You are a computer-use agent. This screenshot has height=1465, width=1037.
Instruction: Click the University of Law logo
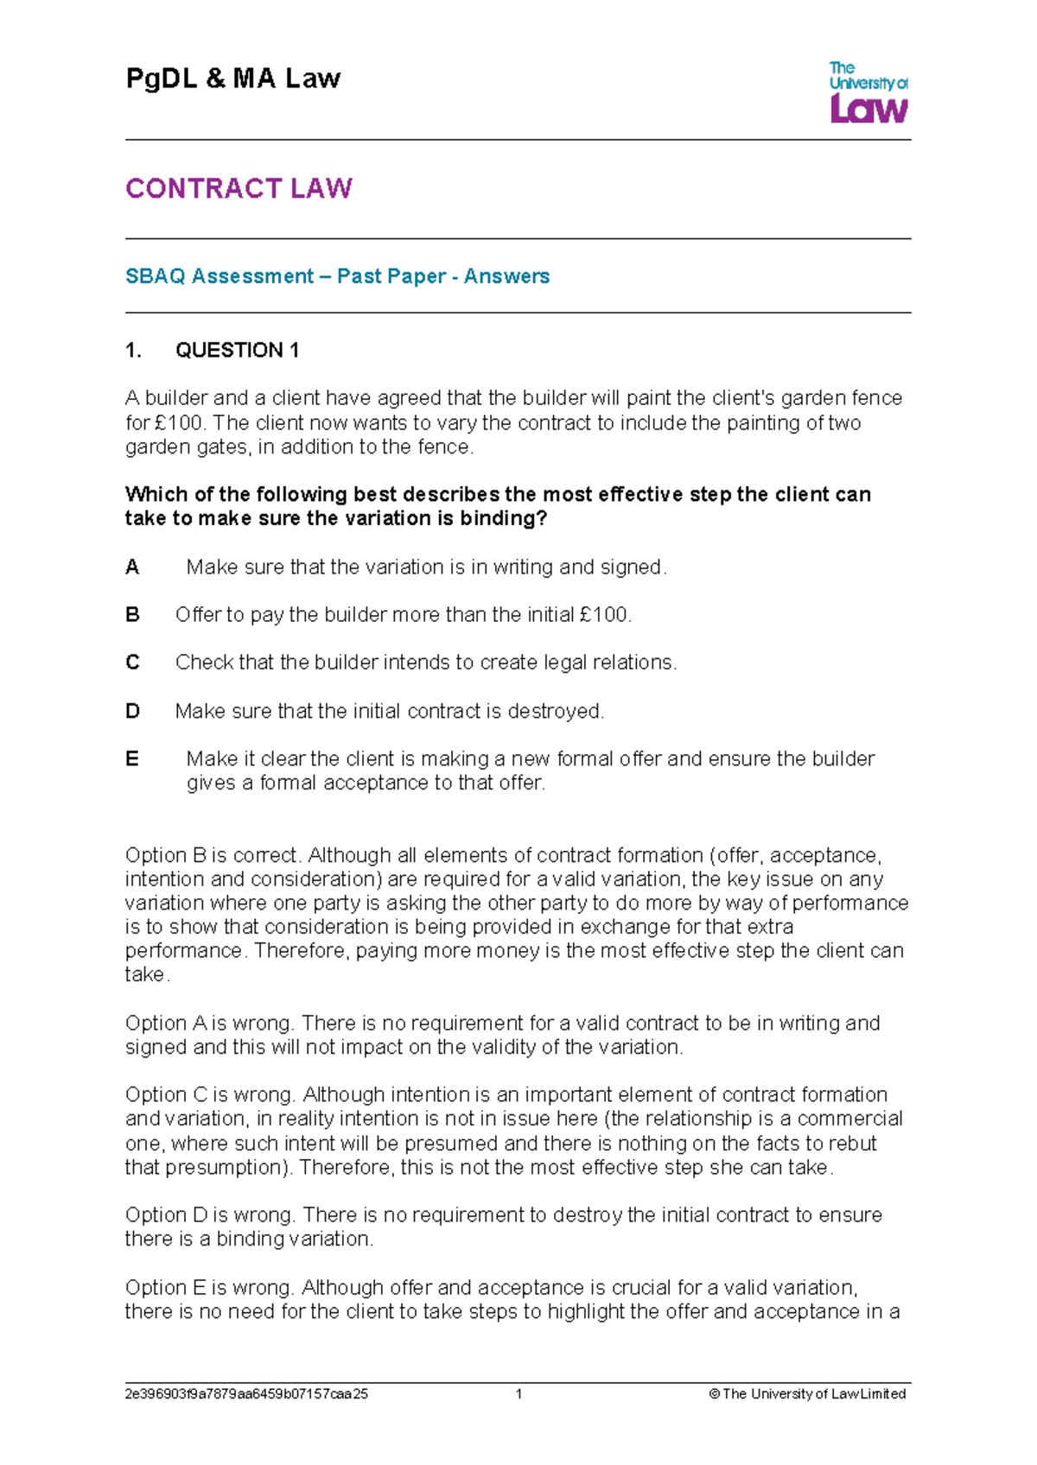[x=868, y=92]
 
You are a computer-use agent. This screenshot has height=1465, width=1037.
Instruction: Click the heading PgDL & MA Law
[x=233, y=79]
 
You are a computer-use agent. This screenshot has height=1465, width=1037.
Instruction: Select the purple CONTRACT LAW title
[x=239, y=188]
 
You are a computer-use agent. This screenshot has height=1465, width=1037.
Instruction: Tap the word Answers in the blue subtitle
[x=506, y=276]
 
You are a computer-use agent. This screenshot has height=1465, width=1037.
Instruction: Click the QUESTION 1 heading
[x=237, y=350]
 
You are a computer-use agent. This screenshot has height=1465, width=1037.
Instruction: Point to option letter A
[x=132, y=568]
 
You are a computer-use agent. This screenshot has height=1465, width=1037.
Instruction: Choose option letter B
[x=132, y=615]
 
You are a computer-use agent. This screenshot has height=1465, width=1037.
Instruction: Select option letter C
[x=132, y=663]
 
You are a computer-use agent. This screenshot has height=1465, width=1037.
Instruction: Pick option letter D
[x=132, y=712]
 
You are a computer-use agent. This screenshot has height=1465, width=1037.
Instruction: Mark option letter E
[x=132, y=759]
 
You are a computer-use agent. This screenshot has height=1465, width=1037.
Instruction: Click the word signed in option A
[x=631, y=568]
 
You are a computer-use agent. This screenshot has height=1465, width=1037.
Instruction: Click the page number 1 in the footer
[x=518, y=1394]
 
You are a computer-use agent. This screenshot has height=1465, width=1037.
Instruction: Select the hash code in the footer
[x=246, y=1394]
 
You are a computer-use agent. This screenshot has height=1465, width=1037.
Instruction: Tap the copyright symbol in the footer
[x=714, y=1394]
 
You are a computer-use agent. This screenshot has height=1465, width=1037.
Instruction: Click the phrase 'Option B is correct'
[x=213, y=856]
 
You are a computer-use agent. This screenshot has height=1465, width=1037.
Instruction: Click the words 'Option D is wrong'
[x=211, y=1215]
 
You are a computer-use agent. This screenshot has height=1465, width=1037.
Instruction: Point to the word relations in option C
[x=633, y=663]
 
